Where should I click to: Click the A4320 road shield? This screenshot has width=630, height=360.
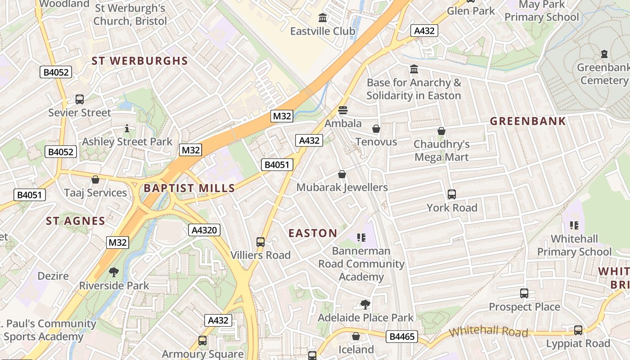point(204,230)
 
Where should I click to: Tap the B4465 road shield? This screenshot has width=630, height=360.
point(402,336)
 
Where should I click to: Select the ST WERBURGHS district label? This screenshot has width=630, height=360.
point(139,61)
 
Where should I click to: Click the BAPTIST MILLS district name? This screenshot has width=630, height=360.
point(189,188)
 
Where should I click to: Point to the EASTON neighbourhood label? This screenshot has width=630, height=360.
point(313,233)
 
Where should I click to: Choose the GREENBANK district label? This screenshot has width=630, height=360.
point(528,121)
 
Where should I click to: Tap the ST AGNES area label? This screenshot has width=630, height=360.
point(76,221)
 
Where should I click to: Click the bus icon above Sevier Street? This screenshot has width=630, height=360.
point(80,99)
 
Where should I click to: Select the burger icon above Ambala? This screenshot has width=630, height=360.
point(343,110)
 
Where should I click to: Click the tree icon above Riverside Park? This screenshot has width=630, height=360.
point(114,272)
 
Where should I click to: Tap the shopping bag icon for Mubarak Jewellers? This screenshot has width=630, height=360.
point(342,174)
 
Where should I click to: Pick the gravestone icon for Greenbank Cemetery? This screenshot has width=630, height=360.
point(604,54)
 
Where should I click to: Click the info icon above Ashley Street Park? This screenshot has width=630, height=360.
point(127,129)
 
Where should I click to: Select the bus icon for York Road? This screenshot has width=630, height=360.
point(452,194)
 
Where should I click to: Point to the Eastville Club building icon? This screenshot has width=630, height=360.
point(323,18)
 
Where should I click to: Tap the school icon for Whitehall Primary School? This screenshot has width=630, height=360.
point(574,225)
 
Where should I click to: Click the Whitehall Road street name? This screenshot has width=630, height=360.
point(488,332)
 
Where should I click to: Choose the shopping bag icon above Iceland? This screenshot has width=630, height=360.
point(356,336)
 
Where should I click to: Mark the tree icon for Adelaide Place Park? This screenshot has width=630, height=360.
point(365,305)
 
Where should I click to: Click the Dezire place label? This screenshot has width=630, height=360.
point(53,276)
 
